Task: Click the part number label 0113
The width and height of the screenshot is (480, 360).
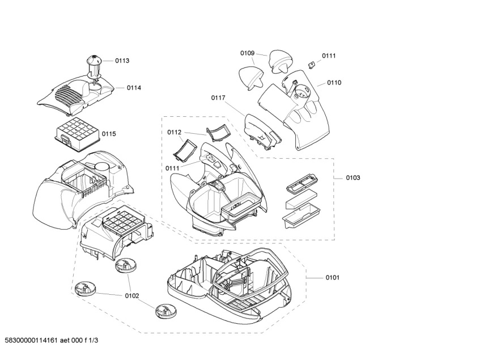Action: tap(122, 61)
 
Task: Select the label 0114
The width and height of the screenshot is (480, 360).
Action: tap(134, 88)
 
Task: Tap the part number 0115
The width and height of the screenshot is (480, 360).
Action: tap(109, 134)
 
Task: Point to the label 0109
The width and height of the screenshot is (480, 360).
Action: tap(247, 53)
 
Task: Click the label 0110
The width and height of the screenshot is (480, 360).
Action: tap(334, 83)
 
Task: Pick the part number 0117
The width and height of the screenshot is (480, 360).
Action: tap(218, 98)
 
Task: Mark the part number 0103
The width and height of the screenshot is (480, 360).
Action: tap(352, 178)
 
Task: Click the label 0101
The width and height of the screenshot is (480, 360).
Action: tap(332, 278)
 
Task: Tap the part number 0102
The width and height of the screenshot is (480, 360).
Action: tap(131, 295)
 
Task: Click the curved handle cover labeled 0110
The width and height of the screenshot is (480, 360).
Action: tap(300, 111)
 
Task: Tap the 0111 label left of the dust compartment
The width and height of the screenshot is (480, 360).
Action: tap(173, 168)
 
